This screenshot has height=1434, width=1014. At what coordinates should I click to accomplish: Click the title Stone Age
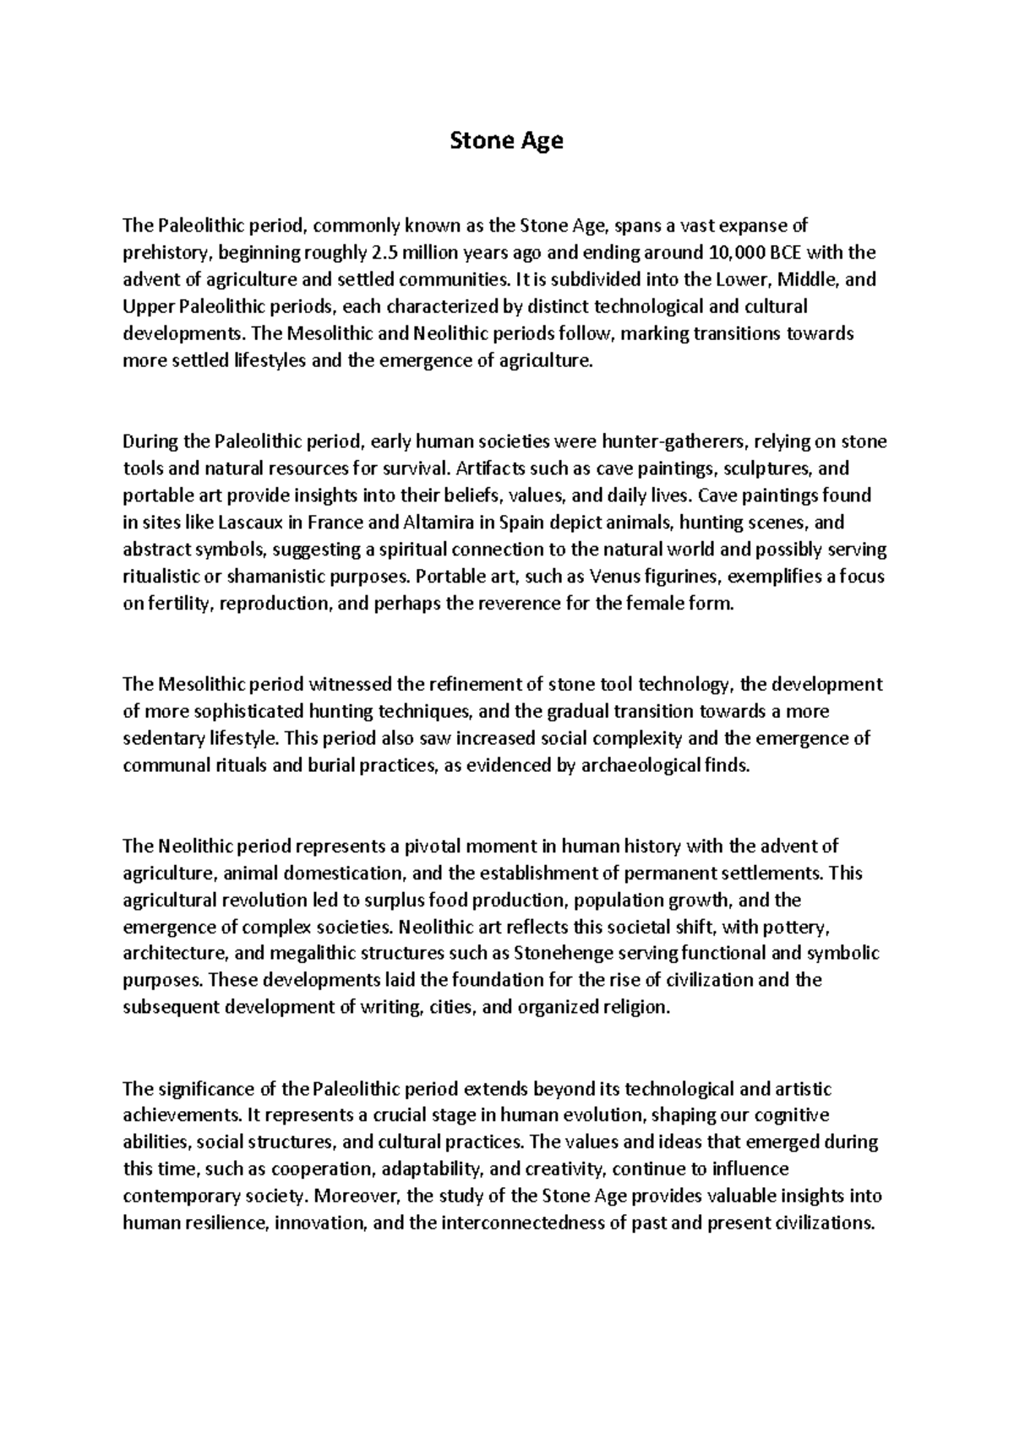click(505, 140)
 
